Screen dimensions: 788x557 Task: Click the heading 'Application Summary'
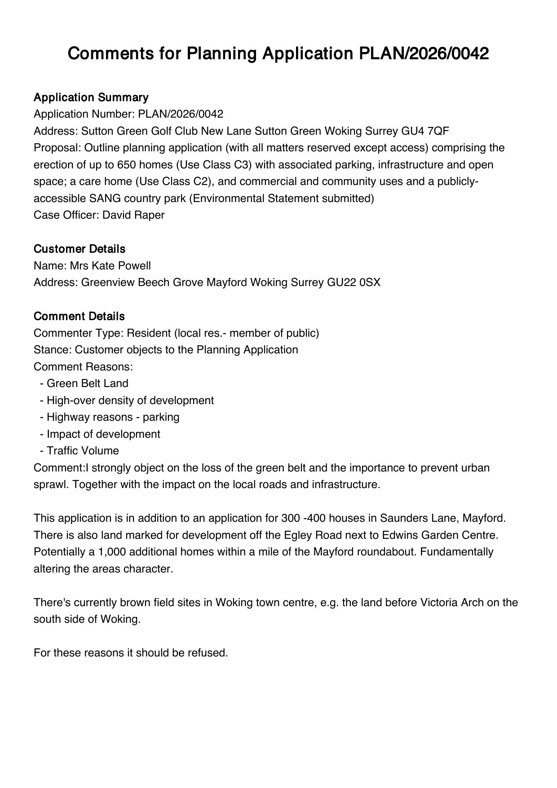tap(91, 97)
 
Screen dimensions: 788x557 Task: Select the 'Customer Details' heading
tap(80, 249)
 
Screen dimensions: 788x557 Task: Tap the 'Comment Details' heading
tap(79, 317)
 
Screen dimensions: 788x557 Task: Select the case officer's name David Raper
tap(133, 215)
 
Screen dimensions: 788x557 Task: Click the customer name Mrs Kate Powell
tap(110, 266)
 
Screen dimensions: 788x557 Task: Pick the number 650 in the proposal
tap(127, 165)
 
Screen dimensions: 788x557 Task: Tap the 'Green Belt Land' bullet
tap(87, 383)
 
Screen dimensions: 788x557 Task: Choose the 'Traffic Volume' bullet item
tap(83, 451)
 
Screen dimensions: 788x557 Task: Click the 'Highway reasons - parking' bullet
tap(113, 417)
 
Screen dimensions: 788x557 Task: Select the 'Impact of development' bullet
tap(103, 434)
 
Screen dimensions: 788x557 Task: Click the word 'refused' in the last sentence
tap(208, 653)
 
